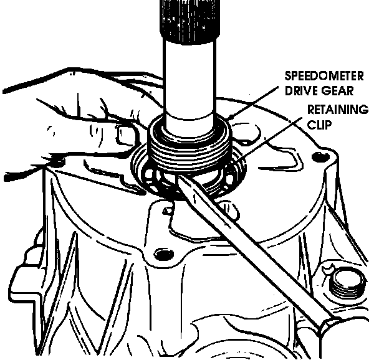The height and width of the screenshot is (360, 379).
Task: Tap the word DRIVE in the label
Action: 298,90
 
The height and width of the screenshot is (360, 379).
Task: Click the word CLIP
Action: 319,125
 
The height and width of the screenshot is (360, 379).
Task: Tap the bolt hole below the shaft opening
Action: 163,253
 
